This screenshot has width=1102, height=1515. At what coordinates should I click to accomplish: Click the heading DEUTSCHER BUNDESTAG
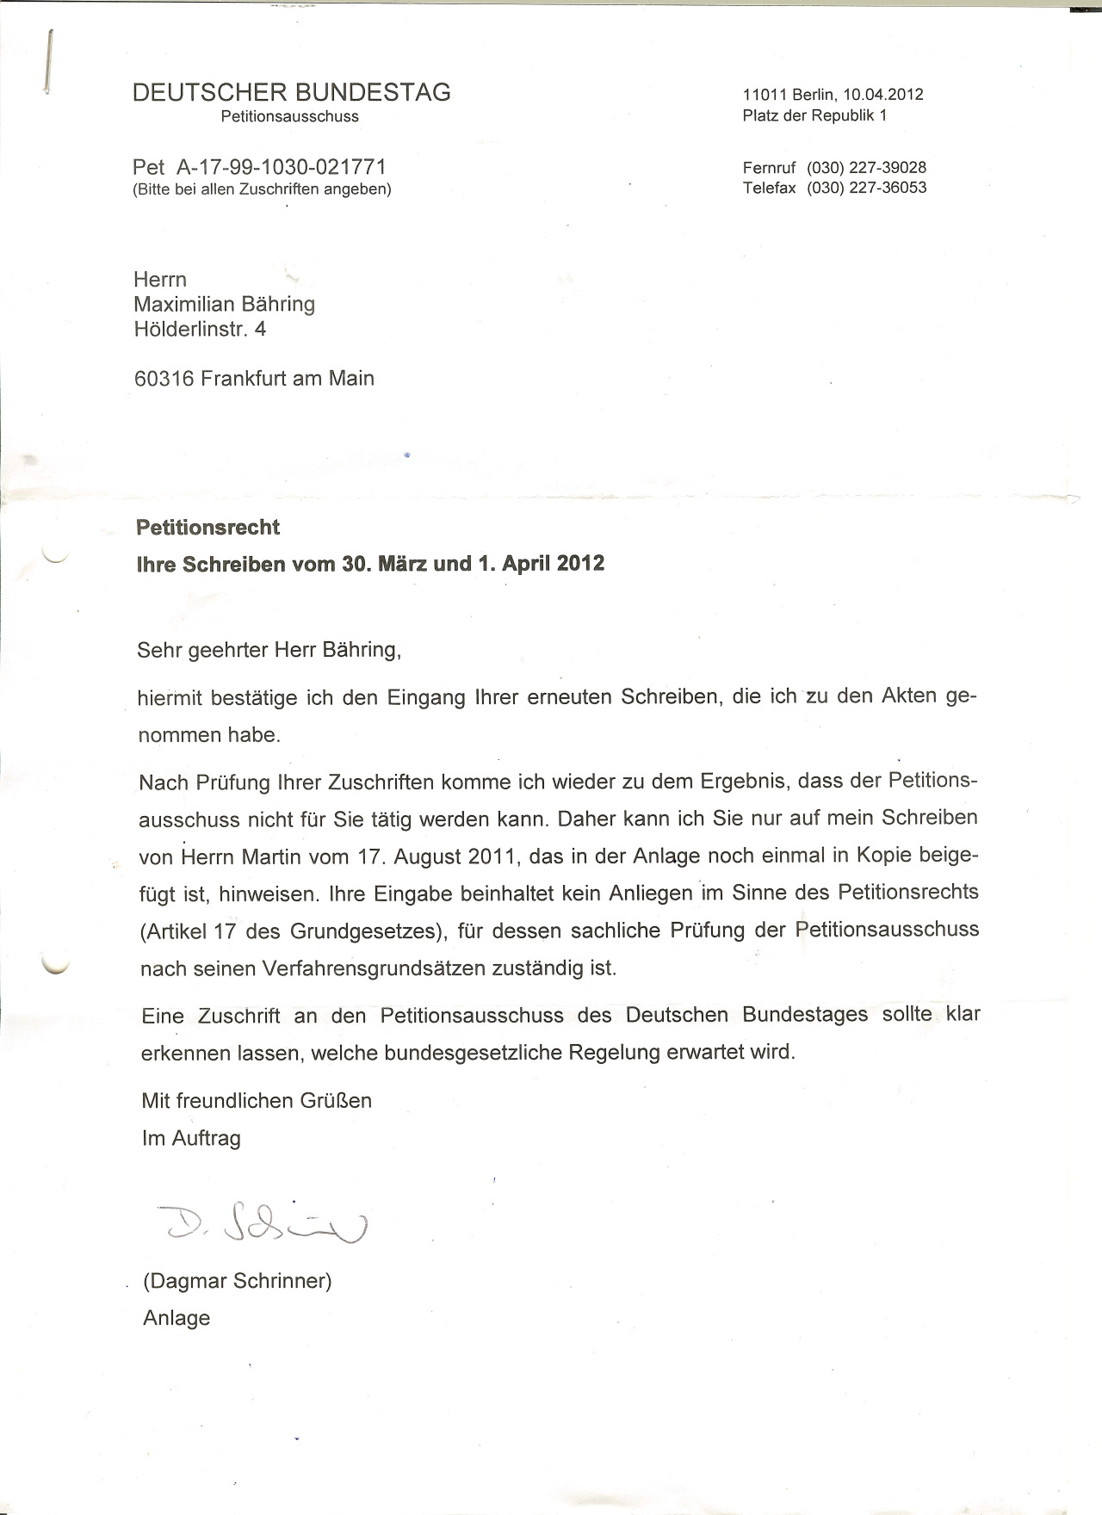pyautogui.click(x=291, y=92)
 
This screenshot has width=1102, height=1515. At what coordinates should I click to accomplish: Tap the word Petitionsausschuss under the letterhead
pyautogui.click(x=289, y=116)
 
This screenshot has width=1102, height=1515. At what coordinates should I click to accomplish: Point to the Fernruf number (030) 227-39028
pyautogui.click(x=866, y=168)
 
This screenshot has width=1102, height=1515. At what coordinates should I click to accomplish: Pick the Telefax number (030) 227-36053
pyautogui.click(x=866, y=188)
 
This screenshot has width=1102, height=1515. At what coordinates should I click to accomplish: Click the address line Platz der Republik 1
pyautogui.click(x=814, y=115)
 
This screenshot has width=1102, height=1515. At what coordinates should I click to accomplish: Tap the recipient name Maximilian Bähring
pyautogui.click(x=225, y=304)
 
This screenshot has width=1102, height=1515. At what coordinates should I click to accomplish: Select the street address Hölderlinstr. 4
pyautogui.click(x=200, y=328)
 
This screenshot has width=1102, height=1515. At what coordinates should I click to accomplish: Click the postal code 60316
pyautogui.click(x=164, y=378)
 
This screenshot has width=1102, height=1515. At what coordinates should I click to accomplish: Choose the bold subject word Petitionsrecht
pyautogui.click(x=208, y=527)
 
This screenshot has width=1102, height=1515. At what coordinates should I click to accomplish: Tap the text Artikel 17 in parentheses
pyautogui.click(x=190, y=931)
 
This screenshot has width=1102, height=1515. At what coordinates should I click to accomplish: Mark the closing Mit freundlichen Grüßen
pyautogui.click(x=257, y=1100)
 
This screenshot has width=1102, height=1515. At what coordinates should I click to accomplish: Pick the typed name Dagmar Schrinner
pyautogui.click(x=238, y=1281)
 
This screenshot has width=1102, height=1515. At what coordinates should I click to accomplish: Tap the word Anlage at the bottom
pyautogui.click(x=176, y=1318)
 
